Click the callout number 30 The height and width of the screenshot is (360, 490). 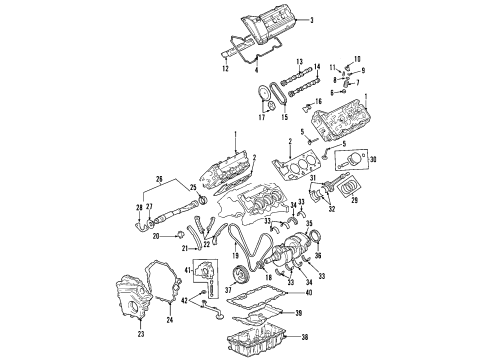click(x=375, y=158)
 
